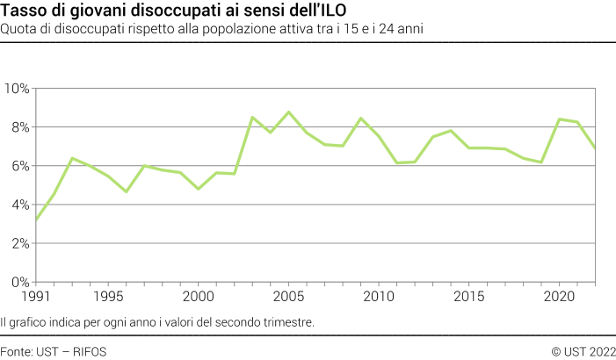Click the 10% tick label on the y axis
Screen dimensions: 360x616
(x=16, y=89)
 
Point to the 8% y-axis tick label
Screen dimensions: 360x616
(x=19, y=127)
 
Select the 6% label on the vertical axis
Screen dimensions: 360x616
(x=19, y=166)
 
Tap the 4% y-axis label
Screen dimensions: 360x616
(x=19, y=205)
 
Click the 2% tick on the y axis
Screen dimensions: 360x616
(x=19, y=243)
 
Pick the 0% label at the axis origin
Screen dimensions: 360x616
(x=19, y=282)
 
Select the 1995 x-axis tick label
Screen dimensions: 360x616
(x=109, y=297)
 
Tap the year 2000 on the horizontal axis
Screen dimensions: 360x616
(x=199, y=297)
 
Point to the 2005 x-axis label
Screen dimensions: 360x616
(x=289, y=297)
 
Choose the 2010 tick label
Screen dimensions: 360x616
(x=379, y=297)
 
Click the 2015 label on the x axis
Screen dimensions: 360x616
(x=469, y=297)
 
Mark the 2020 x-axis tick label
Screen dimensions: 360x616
(x=559, y=297)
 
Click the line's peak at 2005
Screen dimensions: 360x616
(x=288, y=112)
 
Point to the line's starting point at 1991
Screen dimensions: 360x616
(x=36, y=220)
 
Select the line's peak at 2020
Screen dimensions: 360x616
(x=559, y=119)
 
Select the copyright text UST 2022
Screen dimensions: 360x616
(x=589, y=350)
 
